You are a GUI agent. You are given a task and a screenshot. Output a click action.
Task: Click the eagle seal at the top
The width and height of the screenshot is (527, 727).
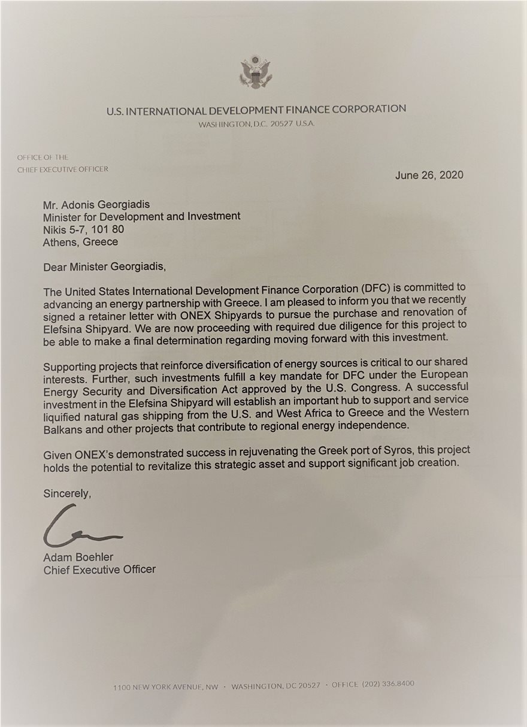(x=256, y=72)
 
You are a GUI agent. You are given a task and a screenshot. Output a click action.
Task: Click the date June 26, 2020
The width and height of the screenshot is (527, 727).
(x=429, y=175)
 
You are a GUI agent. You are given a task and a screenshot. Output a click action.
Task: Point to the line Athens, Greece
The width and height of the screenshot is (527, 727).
(x=80, y=242)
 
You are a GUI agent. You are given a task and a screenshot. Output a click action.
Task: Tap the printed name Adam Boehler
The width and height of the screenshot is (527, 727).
(x=78, y=558)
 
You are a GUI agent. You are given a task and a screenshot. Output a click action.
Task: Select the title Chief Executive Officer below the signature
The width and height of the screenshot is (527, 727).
(x=99, y=570)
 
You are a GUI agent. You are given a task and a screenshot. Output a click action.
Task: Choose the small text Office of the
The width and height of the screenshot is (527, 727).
(x=43, y=157)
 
